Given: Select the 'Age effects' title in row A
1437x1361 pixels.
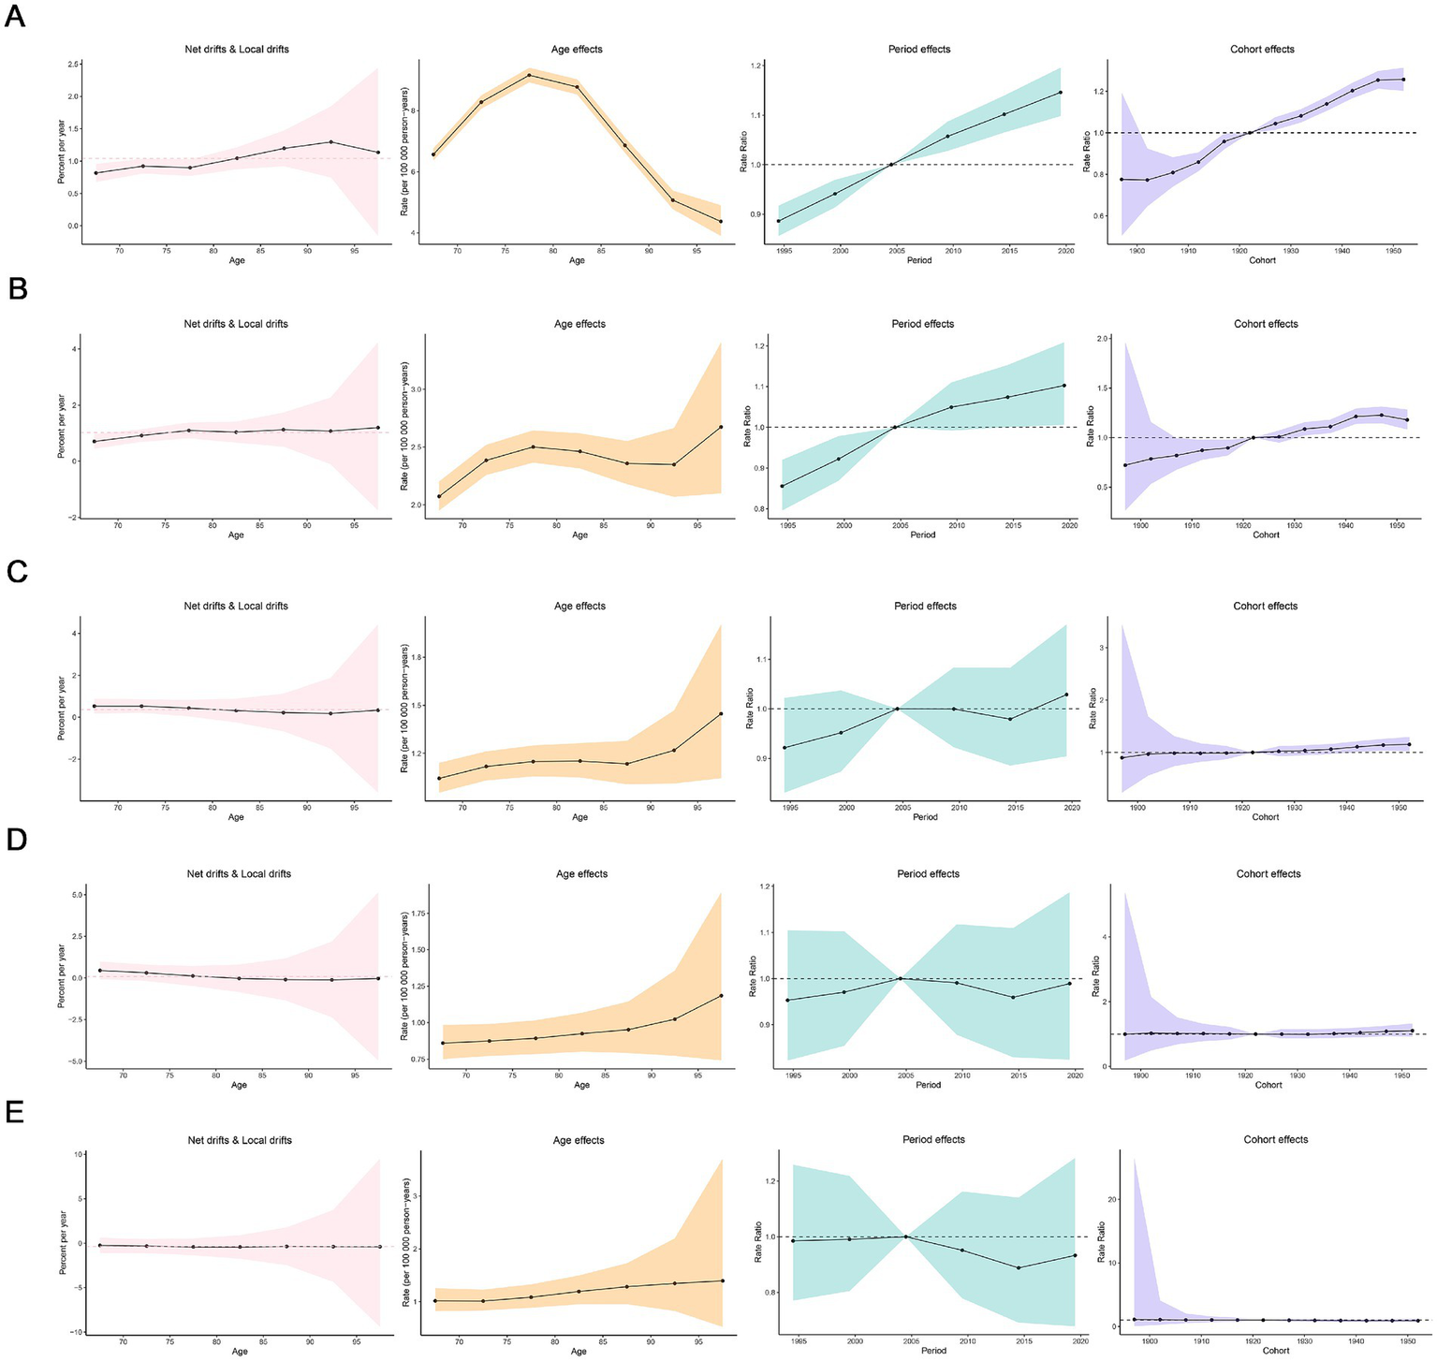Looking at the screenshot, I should tap(577, 49).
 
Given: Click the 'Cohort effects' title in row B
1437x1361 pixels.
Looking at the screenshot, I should tap(1266, 324).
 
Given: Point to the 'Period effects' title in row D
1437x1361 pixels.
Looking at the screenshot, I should tap(928, 873).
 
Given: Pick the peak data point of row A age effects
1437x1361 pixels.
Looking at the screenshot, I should tap(529, 75).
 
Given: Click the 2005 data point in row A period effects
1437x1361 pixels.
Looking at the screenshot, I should tap(891, 165).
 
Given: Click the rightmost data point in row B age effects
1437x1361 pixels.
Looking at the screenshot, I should tap(721, 427).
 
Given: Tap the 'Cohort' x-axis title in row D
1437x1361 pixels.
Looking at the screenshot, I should tap(1268, 1085).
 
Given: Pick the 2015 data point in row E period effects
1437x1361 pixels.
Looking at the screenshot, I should tap(1018, 1267).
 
